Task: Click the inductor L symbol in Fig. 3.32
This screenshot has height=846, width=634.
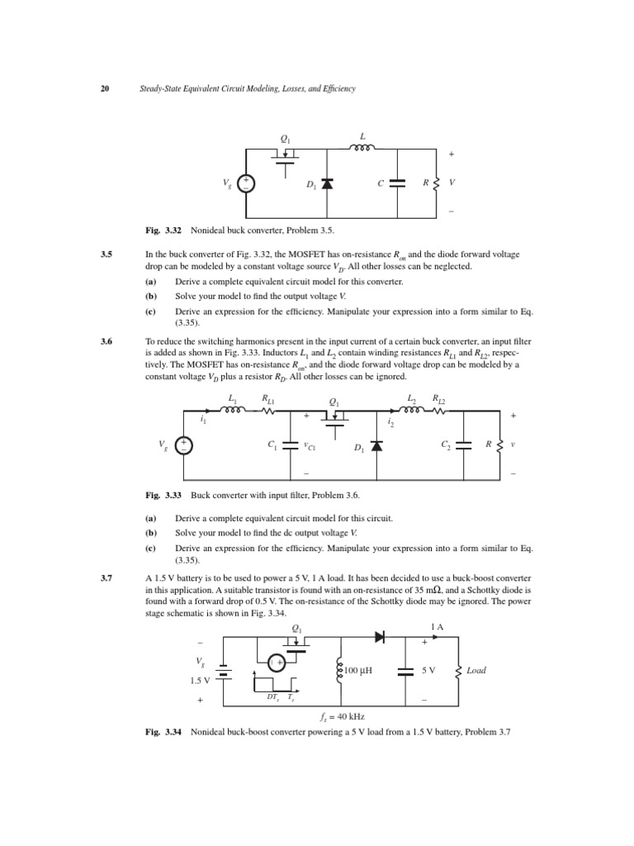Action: coord(364,150)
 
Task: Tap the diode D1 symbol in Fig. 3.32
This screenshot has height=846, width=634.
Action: coord(328,183)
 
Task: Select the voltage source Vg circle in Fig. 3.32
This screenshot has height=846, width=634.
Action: coord(245,183)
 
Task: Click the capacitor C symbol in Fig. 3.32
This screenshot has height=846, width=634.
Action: coord(397,183)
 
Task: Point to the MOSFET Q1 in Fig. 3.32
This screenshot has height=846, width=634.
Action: coord(285,157)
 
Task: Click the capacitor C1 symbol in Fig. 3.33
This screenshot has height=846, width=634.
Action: coord(291,444)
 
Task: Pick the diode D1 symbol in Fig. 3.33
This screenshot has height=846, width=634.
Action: coord(377,446)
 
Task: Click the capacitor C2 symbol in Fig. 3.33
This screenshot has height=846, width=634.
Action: coord(463,444)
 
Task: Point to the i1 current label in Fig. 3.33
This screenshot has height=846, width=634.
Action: coord(203,421)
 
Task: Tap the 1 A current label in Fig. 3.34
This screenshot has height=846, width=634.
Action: coord(436,627)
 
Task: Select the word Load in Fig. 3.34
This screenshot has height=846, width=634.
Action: coord(476,671)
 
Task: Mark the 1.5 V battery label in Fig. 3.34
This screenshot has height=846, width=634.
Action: coord(201,680)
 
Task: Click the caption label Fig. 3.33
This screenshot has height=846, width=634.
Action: coord(163,495)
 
